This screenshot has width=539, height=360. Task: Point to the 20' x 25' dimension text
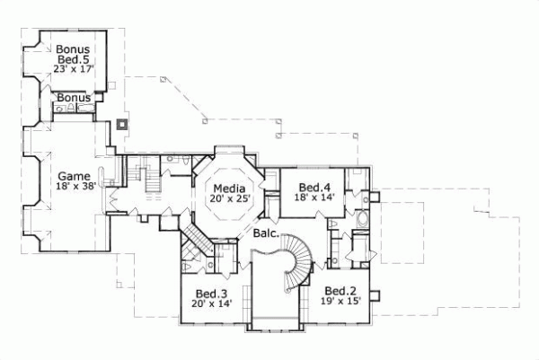pyautogui.click(x=230, y=199)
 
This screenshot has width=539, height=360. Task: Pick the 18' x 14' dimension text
pyautogui.click(x=314, y=198)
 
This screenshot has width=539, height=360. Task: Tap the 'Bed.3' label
pyautogui.click(x=211, y=294)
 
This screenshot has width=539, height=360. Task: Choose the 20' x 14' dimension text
pyautogui.click(x=211, y=305)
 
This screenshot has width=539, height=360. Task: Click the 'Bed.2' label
pyautogui.click(x=342, y=291)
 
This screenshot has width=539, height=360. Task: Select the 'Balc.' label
pyautogui.click(x=265, y=233)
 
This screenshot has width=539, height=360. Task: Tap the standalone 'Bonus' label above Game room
pyautogui.click(x=72, y=97)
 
